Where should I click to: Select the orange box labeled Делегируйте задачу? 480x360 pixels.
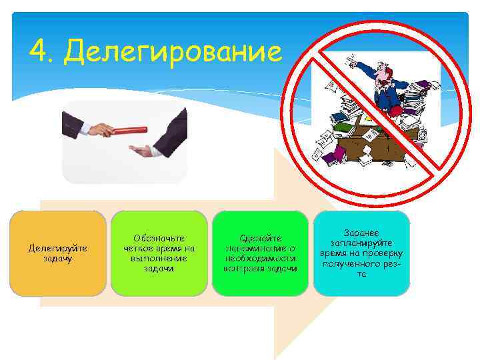pos(58,253)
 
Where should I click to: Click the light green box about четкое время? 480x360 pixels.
pos(159,253)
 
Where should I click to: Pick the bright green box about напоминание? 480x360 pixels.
pos(260,253)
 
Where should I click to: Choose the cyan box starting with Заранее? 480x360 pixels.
pos(361,253)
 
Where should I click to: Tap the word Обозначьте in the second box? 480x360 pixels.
pos(159,238)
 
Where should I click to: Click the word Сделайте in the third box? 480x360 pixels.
pos(260,238)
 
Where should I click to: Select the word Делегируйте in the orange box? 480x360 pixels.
pos(58,248)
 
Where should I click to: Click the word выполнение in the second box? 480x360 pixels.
pos(159,258)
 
